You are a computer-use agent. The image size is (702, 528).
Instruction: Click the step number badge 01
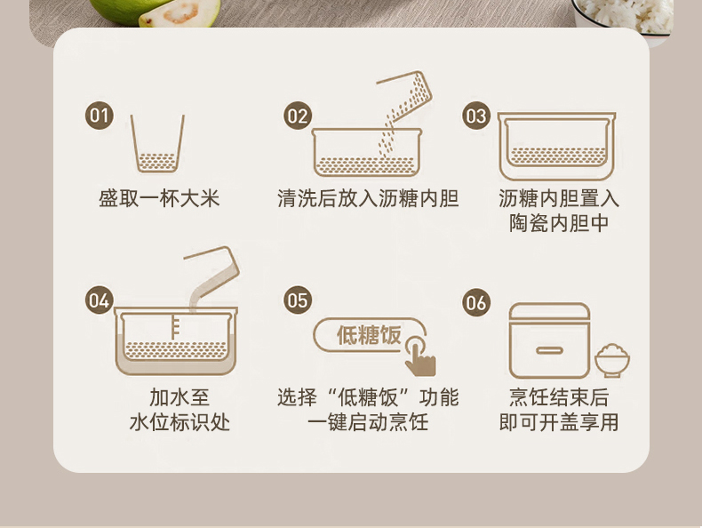(x=100, y=116)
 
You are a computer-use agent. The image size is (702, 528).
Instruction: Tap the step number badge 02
(x=298, y=116)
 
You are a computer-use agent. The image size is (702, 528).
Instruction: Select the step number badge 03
(x=476, y=116)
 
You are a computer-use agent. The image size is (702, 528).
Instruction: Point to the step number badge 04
(x=100, y=300)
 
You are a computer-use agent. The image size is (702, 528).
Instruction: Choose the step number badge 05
(x=298, y=300)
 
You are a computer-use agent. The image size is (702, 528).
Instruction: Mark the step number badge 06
(x=476, y=302)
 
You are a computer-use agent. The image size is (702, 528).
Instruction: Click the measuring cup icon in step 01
(x=157, y=143)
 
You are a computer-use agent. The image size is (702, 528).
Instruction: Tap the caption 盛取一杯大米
(x=159, y=198)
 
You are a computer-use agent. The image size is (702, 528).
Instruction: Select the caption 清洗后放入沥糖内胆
(x=368, y=198)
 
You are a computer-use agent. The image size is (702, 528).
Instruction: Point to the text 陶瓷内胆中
(x=559, y=223)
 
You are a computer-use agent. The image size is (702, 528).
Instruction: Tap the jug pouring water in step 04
(x=212, y=276)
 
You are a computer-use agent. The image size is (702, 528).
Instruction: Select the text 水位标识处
(x=179, y=422)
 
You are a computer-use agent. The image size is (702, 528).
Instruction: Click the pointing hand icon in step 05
(x=419, y=356)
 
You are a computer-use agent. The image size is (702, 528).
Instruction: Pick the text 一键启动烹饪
(x=368, y=422)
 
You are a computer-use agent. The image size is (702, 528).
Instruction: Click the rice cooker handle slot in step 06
(x=549, y=349)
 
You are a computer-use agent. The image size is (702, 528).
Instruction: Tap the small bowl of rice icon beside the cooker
(x=612, y=361)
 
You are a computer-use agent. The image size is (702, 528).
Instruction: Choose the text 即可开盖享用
(x=559, y=422)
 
